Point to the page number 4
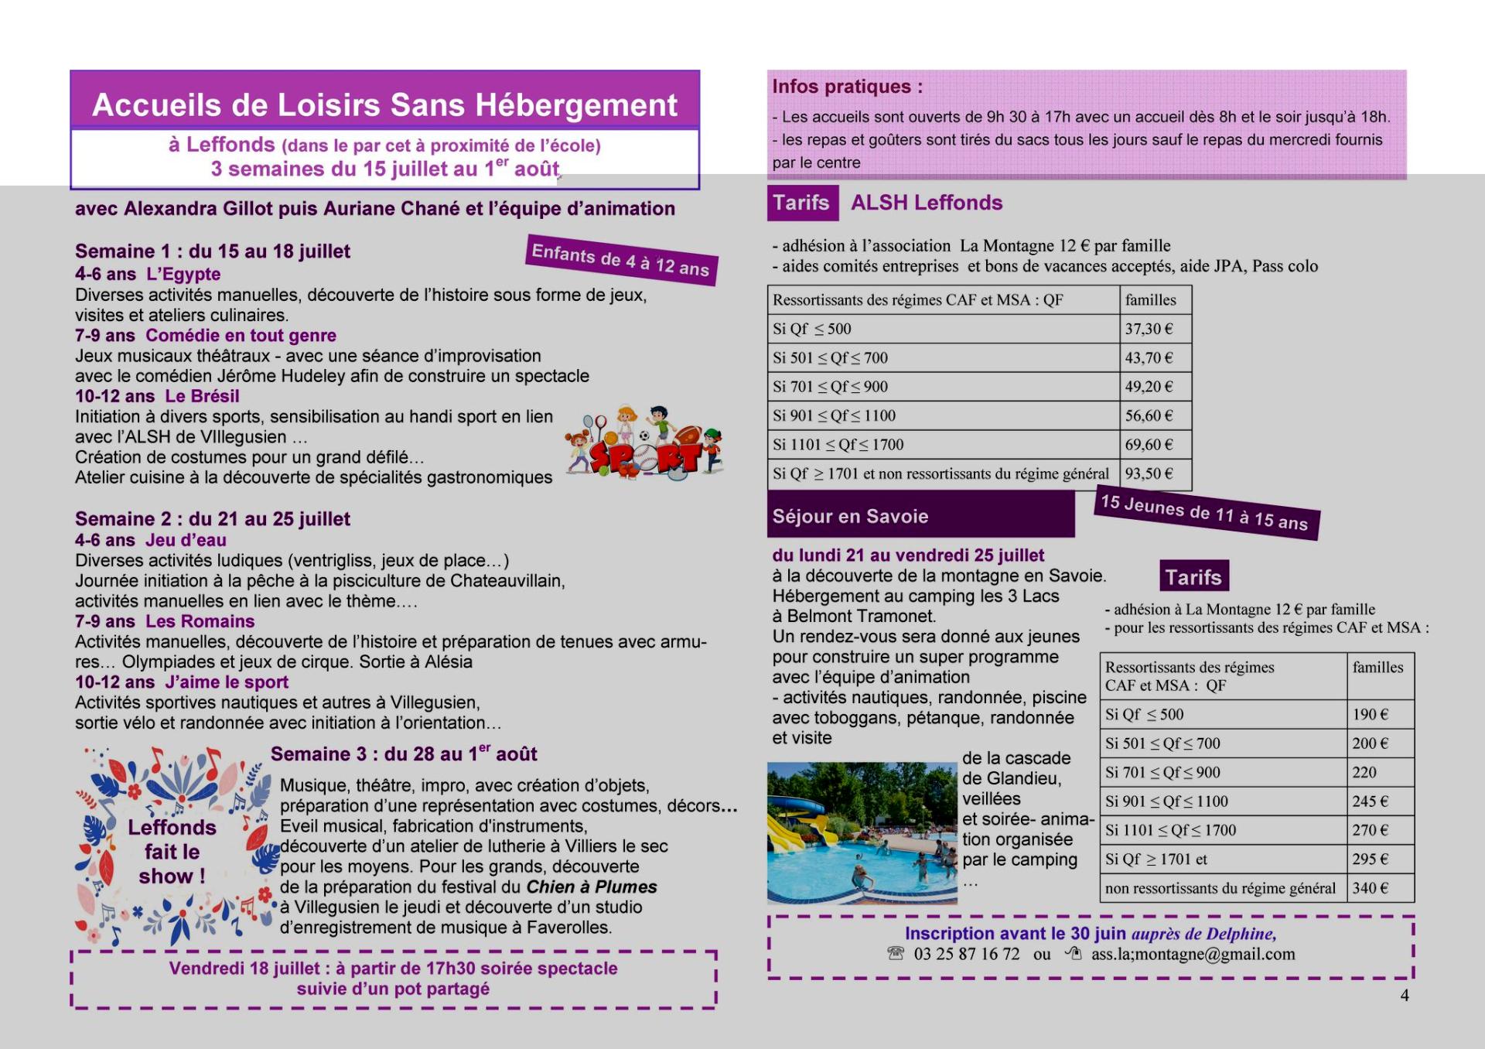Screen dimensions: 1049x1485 click(x=1405, y=996)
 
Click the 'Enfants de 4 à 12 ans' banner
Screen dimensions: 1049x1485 click(x=621, y=260)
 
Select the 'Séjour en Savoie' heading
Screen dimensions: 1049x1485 click(x=850, y=517)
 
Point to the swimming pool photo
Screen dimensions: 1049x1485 click(x=862, y=833)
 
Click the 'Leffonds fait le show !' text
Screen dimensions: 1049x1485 click(x=172, y=852)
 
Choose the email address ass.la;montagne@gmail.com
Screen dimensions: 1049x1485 click(x=1193, y=955)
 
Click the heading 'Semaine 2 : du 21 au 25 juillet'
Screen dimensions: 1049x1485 click(x=213, y=519)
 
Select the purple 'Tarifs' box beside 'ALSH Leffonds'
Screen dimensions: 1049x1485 click(x=801, y=203)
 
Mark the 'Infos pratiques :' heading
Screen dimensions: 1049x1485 click(x=847, y=87)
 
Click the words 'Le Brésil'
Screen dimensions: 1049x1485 click(x=202, y=396)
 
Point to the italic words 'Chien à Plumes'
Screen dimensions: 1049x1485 click(x=592, y=887)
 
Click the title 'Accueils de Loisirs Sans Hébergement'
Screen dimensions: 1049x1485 click(x=384, y=105)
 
